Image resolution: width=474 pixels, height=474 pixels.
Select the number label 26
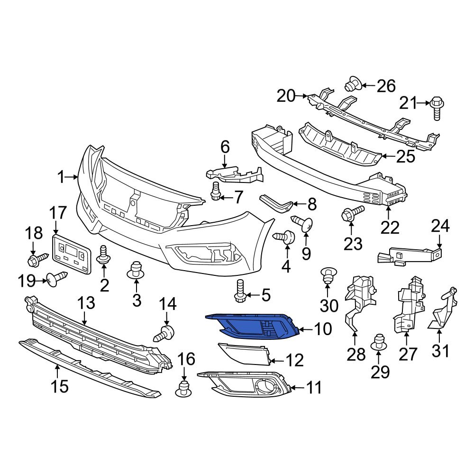(x=385, y=86)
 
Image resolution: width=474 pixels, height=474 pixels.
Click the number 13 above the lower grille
(x=86, y=303)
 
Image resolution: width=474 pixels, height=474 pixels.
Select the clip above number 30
(x=327, y=274)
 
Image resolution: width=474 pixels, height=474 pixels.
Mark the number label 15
(x=60, y=386)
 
